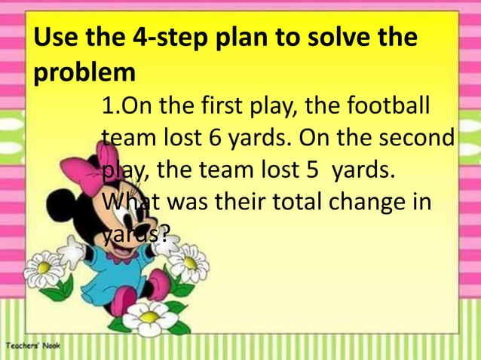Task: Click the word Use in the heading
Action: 56,38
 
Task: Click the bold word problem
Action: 84,74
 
